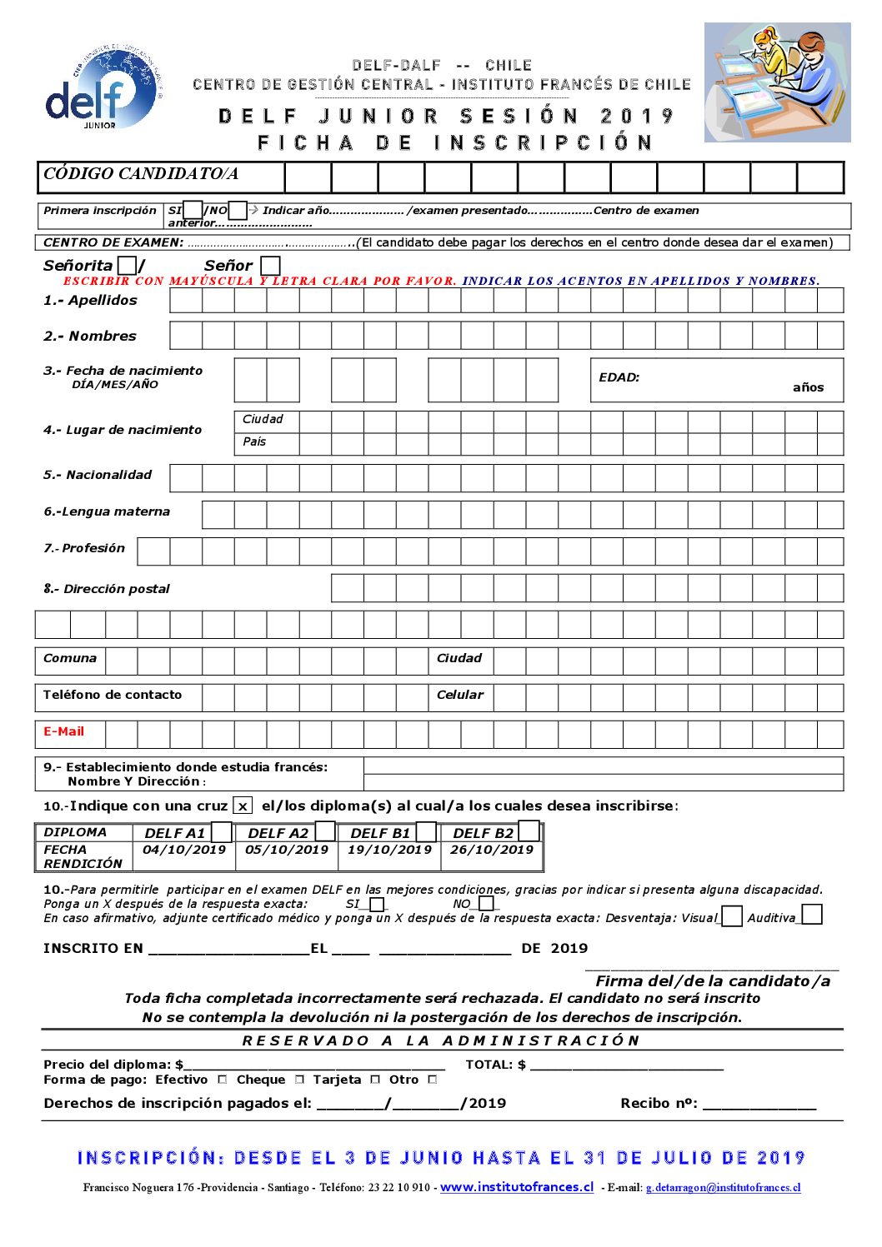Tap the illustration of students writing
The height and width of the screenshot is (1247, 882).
click(x=777, y=82)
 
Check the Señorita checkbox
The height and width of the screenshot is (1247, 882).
click(x=127, y=266)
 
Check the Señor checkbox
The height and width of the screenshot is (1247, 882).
click(x=270, y=266)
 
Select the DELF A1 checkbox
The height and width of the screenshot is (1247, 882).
click(x=222, y=832)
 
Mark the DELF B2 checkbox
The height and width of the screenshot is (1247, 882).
click(x=529, y=831)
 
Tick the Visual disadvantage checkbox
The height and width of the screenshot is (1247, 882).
click(x=732, y=916)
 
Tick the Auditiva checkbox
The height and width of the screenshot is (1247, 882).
click(x=812, y=915)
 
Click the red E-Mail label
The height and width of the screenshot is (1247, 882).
click(x=64, y=731)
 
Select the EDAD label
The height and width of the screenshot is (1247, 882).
click(x=619, y=377)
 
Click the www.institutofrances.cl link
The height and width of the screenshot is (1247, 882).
click(x=517, y=1187)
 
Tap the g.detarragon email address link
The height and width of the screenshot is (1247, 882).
click(x=724, y=1188)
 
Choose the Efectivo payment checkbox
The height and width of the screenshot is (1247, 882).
click(x=223, y=1080)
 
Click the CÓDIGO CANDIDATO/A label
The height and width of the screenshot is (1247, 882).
click(x=141, y=174)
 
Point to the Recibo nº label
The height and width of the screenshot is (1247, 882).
click(x=659, y=1103)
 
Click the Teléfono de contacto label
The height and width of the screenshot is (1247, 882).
click(x=113, y=695)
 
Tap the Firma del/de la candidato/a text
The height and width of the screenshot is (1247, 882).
click(x=713, y=981)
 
